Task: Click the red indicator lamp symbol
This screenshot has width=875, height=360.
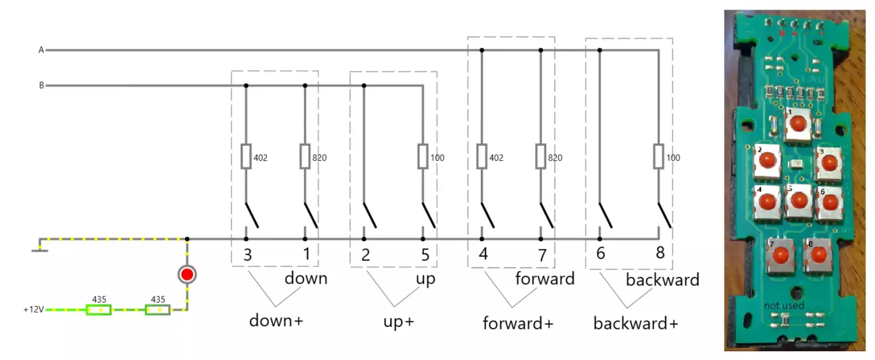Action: (x=187, y=274)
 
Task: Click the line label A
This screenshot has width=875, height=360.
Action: (x=41, y=50)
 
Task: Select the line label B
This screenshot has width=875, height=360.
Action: (x=41, y=86)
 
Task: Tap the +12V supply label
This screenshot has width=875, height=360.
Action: (x=32, y=310)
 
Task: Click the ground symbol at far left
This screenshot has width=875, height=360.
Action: (x=40, y=251)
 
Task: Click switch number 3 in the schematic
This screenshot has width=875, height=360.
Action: (x=248, y=255)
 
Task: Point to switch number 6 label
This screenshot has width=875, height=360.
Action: (x=601, y=255)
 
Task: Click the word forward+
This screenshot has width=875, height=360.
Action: (x=518, y=323)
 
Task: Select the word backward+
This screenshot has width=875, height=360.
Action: (x=635, y=323)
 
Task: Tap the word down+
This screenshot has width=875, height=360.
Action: (x=276, y=320)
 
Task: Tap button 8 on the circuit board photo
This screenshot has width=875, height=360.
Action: (x=819, y=255)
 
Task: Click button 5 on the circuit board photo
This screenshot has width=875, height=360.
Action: (x=799, y=200)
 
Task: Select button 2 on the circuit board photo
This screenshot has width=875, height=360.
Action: (x=768, y=160)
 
